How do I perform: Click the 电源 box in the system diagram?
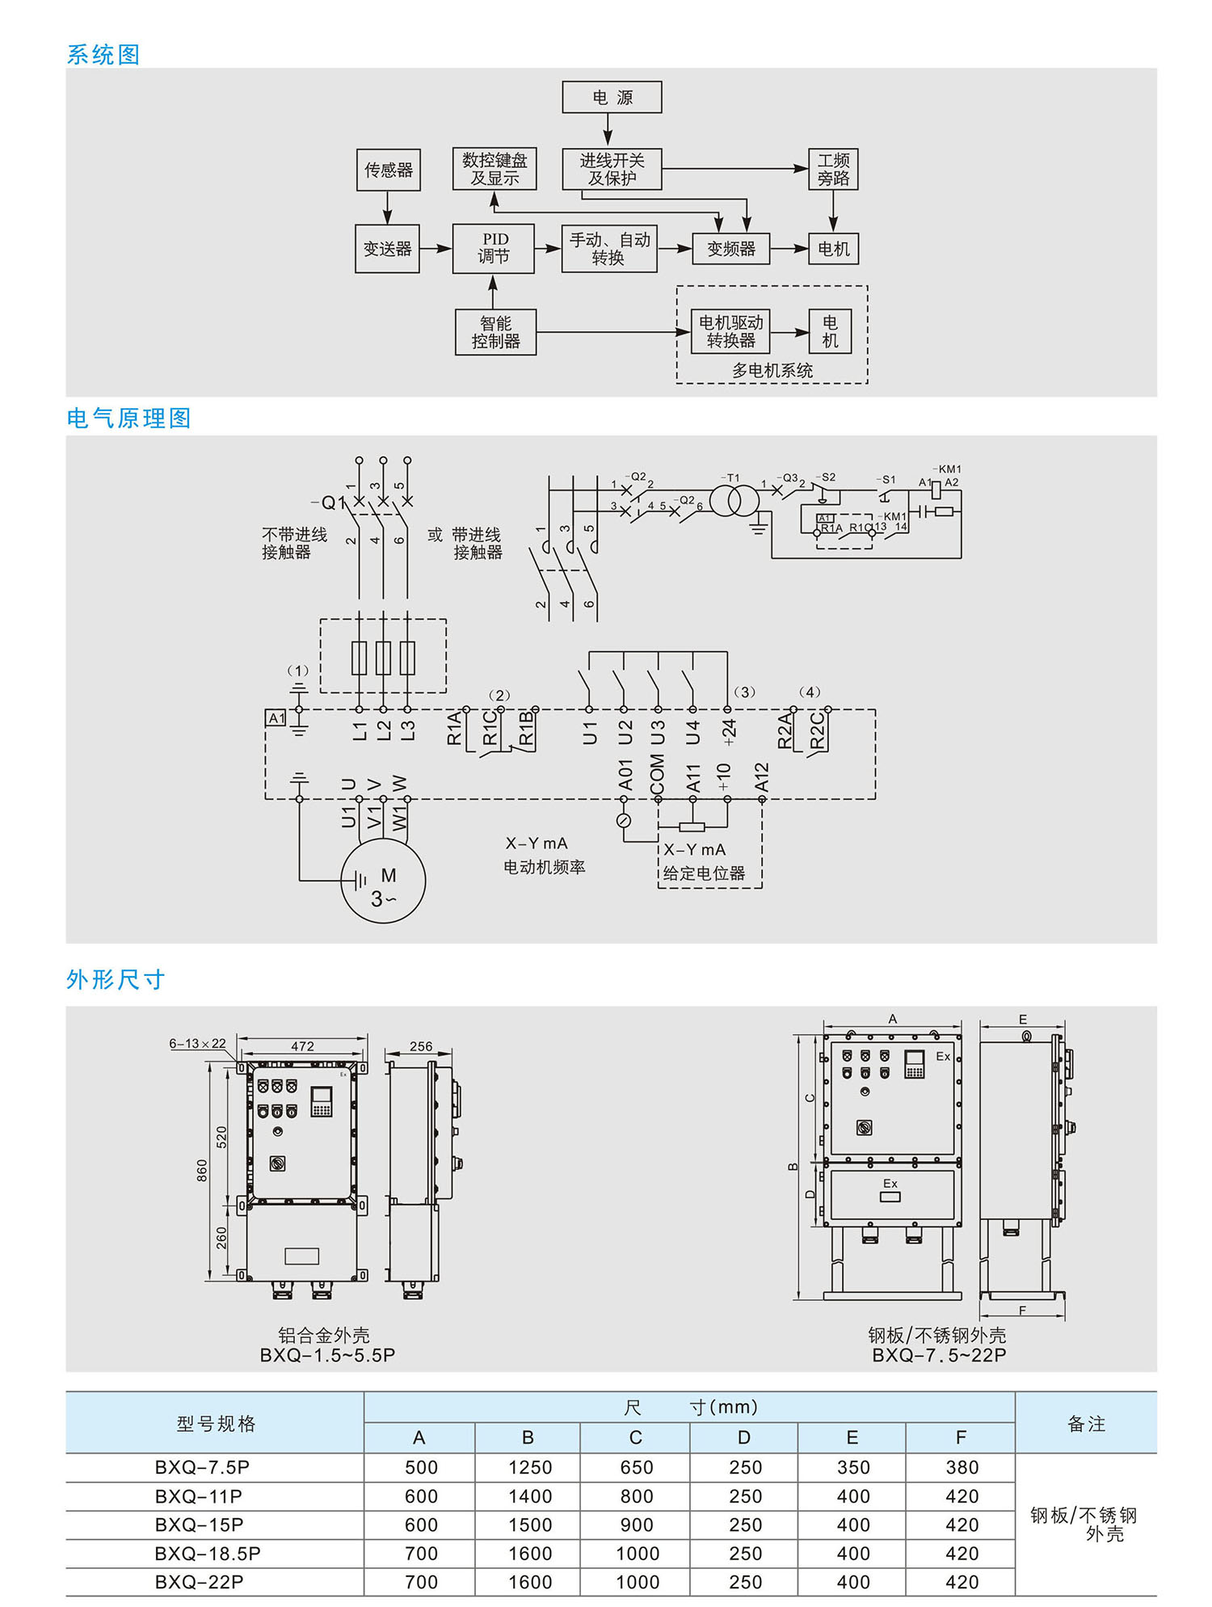612,97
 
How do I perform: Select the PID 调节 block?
494,248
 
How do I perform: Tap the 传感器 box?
389,170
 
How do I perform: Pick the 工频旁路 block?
833,170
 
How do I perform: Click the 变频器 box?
730,249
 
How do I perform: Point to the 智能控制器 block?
495,332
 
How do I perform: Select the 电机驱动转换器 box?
730,331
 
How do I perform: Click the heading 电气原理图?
128,418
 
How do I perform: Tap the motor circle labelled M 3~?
383,881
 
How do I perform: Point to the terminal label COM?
658,774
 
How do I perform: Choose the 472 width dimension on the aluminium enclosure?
302,1046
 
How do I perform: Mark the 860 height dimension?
202,1171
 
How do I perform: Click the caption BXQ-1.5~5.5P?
327,1355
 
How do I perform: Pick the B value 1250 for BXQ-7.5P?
529,1467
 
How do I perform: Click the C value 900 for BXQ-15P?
637,1525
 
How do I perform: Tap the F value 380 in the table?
962,1467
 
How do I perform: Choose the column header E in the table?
852,1437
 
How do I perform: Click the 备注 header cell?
1086,1424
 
